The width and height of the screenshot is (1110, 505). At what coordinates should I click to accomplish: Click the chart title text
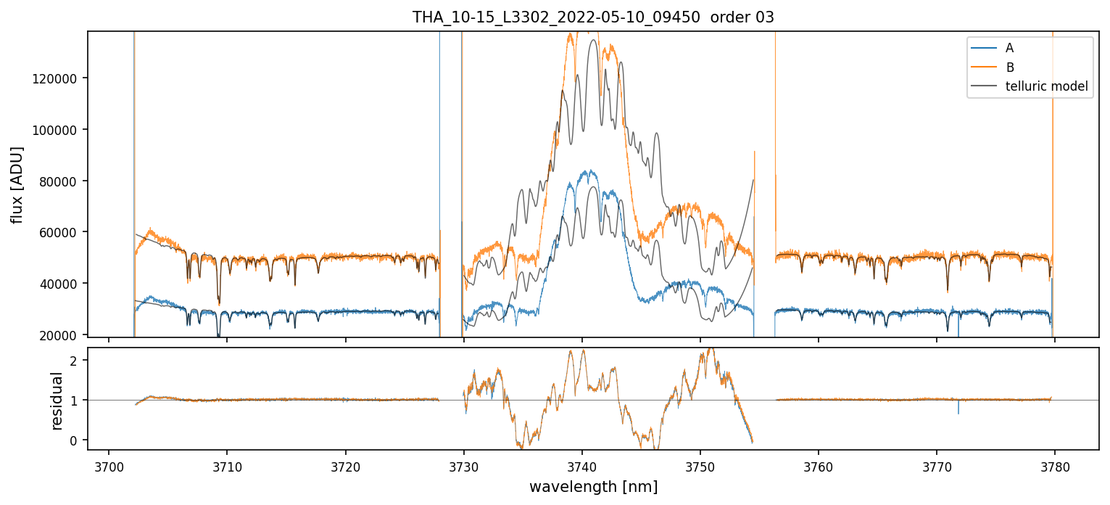click(593, 17)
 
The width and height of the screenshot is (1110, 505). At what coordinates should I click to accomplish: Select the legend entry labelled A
click(1009, 49)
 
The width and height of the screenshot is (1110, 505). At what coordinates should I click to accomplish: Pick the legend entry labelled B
click(1009, 67)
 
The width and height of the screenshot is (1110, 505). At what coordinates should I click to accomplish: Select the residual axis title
click(57, 400)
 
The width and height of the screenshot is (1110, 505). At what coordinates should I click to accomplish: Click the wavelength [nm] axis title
click(593, 486)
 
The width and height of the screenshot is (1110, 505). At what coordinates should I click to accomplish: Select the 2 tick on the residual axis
click(83, 361)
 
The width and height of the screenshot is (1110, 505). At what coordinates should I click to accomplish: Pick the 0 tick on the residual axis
click(83, 440)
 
